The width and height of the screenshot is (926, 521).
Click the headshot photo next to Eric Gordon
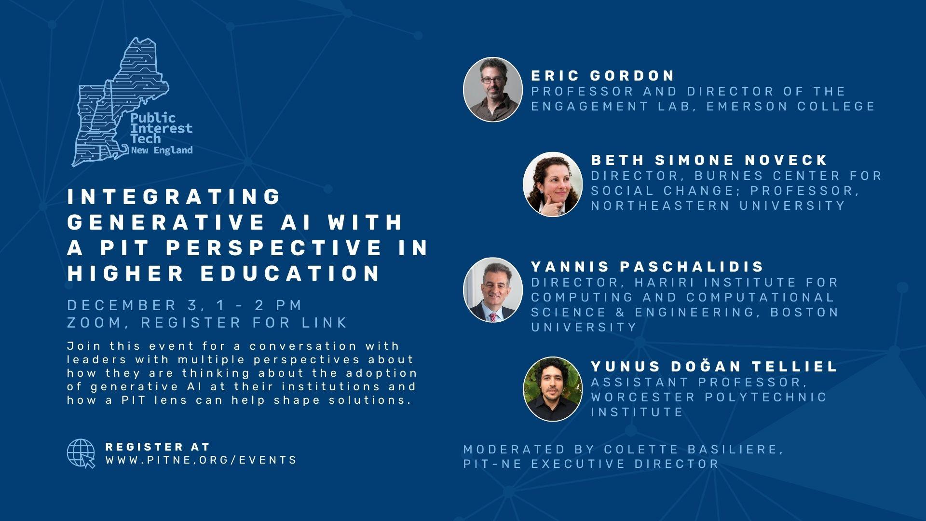coord(492,89)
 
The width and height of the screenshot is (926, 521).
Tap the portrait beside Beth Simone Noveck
coord(553,184)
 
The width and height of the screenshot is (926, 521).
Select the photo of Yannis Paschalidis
coord(492,289)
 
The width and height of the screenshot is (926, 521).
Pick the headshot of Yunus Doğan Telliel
coord(553,389)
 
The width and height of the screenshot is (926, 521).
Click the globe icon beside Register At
coord(81,453)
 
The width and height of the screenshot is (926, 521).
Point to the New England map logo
coord(121,102)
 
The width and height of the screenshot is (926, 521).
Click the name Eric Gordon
coord(603,76)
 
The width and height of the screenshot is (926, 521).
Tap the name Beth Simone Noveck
coord(709,160)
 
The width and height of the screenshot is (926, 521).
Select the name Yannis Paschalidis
coord(648,266)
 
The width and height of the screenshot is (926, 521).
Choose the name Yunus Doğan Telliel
coord(714,366)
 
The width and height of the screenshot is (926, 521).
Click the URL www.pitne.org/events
coord(201,460)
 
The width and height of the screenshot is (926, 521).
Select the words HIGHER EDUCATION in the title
coord(224,273)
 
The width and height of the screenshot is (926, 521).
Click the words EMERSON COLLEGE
coord(791,106)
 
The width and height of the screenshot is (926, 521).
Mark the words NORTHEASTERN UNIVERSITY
coord(718,206)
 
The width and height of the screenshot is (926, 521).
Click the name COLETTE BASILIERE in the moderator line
coord(691,450)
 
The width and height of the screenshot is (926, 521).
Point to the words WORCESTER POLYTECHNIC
coord(709,397)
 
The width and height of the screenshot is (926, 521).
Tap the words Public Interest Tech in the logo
coord(161,128)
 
